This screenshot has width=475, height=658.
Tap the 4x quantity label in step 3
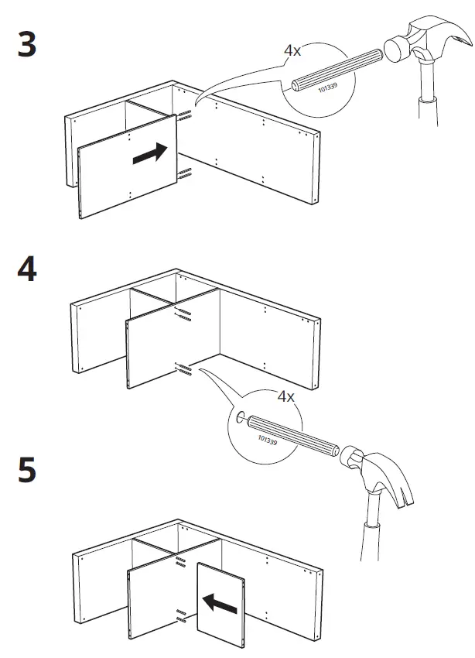coord(292,51)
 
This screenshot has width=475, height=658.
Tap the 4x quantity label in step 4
coord(285,396)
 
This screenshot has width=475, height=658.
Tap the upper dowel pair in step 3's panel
coord(185,116)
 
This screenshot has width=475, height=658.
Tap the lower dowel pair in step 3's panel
coord(184,173)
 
